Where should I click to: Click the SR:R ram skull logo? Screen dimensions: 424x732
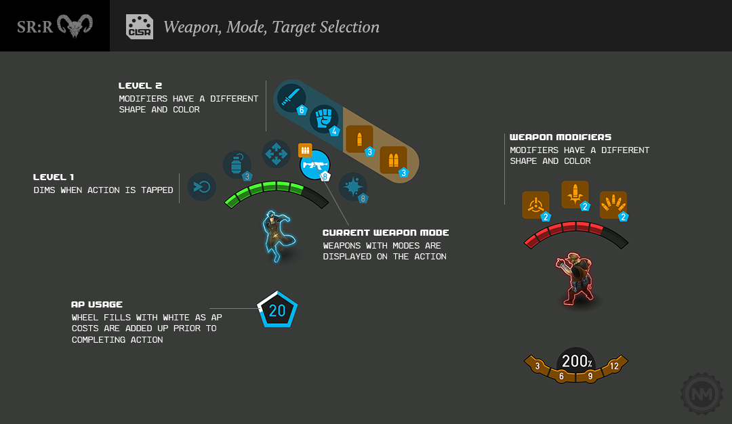pos(75,26)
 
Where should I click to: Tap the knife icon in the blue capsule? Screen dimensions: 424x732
pos(290,99)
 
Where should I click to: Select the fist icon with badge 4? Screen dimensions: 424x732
pos(325,119)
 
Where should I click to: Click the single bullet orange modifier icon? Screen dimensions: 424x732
pos(359,140)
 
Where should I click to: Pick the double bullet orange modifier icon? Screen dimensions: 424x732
pos(393,161)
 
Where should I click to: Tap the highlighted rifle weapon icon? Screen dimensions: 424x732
pos(314,165)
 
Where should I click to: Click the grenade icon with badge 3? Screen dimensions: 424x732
pos(237,165)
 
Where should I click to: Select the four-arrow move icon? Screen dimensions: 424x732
pos(277,154)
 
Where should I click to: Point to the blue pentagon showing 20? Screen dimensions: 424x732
pos(277,310)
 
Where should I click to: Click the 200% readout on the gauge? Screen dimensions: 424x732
pos(577,362)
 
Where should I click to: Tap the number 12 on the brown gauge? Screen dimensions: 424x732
pos(614,366)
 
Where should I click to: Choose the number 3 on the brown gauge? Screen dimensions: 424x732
pos(537,366)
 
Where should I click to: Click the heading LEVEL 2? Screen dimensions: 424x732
pos(140,86)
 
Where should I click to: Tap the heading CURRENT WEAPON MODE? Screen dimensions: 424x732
pos(386,233)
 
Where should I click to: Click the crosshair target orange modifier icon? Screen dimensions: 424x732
pos(535,205)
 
